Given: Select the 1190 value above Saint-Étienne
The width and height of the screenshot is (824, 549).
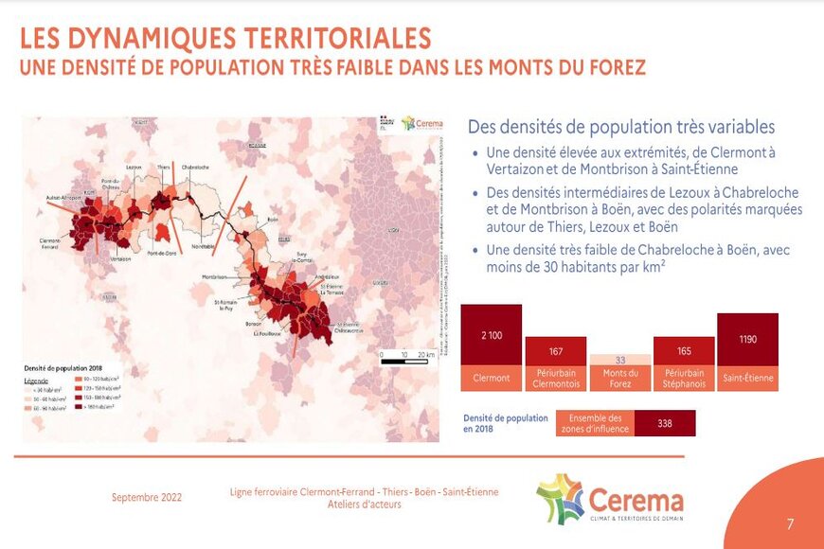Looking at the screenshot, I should [747, 338].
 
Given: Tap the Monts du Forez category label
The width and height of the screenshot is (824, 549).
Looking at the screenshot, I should [620, 379].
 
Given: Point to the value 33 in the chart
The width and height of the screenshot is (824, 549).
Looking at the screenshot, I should [620, 360].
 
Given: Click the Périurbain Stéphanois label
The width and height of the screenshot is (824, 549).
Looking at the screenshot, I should [684, 379].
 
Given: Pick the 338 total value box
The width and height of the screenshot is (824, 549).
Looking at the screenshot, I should [665, 423].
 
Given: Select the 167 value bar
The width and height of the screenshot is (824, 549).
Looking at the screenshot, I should [556, 351].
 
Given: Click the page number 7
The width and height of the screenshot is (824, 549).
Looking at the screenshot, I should [790, 523].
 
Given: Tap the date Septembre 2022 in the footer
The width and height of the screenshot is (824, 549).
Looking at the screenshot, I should [147, 497].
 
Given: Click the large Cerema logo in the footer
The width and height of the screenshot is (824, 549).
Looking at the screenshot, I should [609, 498].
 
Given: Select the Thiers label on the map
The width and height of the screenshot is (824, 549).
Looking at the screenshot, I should [164, 166].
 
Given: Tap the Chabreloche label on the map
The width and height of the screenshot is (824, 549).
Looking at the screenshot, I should [195, 166].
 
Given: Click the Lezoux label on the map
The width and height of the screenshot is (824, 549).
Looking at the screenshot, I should [132, 166].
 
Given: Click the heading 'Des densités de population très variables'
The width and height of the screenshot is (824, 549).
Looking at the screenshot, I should [621, 127].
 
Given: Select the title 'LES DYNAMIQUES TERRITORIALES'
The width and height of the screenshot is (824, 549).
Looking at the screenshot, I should [225, 39].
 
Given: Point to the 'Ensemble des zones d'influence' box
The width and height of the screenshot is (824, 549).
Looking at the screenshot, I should [595, 423].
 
